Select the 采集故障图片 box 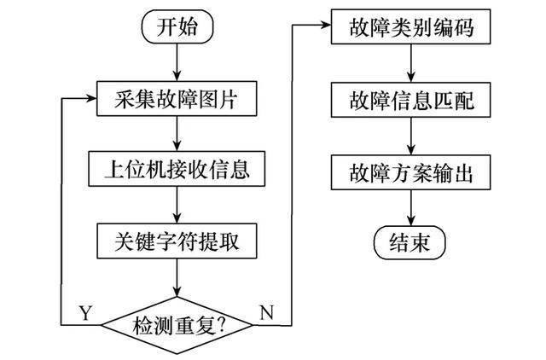pyautogui.click(x=177, y=100)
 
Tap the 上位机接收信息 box pyautogui.click(x=177, y=168)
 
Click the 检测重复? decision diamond pyautogui.click(x=177, y=324)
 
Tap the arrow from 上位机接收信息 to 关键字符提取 pyautogui.click(x=177, y=205)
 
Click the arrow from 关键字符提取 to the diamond pyautogui.click(x=177, y=278)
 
